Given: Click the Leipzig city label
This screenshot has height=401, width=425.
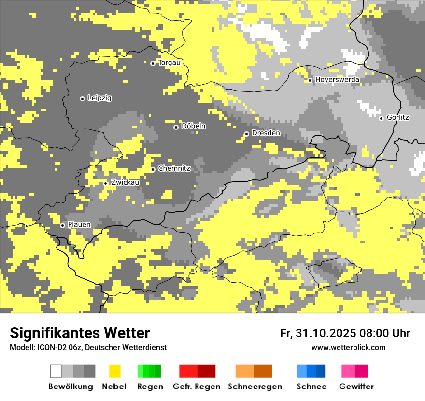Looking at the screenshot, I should click(x=99, y=98).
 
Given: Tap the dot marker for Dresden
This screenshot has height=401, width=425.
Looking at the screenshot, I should click(x=246, y=134).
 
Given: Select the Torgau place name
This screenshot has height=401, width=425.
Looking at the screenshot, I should click(x=170, y=63).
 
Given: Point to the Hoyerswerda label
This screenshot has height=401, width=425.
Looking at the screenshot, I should click(x=337, y=80).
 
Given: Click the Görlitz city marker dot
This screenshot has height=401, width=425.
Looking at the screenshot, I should click(x=381, y=118).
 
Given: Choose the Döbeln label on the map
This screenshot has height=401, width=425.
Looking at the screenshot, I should click(x=193, y=126).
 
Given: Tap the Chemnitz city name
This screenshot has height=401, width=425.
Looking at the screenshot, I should click(x=174, y=169).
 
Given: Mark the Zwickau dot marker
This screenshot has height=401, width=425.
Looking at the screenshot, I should click(x=105, y=183).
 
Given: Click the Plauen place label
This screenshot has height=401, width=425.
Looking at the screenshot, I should click(x=79, y=225).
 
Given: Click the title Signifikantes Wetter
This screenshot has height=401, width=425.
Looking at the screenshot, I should click(x=80, y=333).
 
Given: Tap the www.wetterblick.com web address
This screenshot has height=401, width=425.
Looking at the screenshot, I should click(x=348, y=348).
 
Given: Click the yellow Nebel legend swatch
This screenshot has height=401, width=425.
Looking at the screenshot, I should click(x=114, y=371).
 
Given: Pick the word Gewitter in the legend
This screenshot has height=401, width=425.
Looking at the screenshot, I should click(x=356, y=387).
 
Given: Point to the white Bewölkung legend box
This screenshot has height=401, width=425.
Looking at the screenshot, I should click(x=56, y=371).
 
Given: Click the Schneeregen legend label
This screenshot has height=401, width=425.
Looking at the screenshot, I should click(x=255, y=387).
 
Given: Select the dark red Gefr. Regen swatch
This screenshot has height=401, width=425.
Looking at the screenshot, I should click(x=207, y=371).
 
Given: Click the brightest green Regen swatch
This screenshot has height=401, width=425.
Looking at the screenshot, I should click(x=141, y=371).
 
